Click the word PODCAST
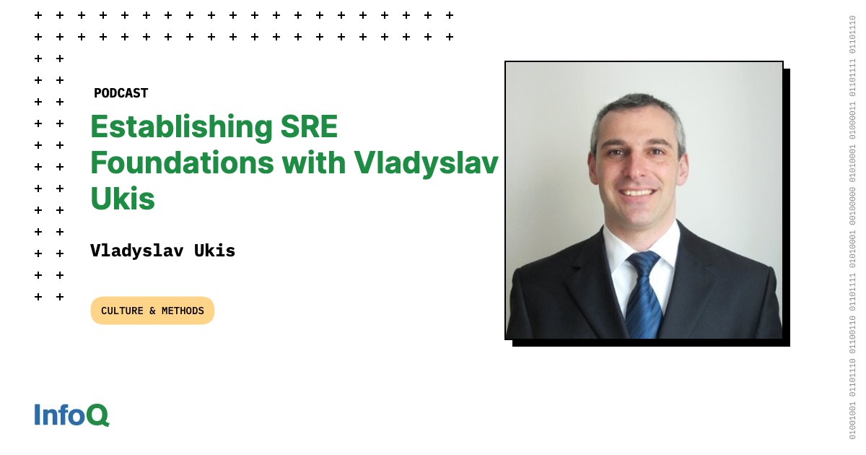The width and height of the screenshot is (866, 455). click(x=121, y=93)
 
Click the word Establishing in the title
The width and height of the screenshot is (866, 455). click(x=182, y=128)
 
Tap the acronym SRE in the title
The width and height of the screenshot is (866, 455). click(x=309, y=126)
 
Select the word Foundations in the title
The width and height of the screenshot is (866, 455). click(x=182, y=162)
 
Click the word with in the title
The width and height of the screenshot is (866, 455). click(x=313, y=162)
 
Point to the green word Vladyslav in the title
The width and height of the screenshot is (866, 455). click(x=426, y=165)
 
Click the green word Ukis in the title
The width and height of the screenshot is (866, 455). click(x=123, y=199)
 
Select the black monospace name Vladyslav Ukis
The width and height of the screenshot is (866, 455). click(x=163, y=251)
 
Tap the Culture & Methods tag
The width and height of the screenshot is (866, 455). click(x=152, y=311)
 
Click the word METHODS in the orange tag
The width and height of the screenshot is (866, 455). click(x=183, y=311)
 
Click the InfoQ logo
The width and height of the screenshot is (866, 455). click(x=72, y=415)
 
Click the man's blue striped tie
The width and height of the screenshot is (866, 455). click(x=643, y=294)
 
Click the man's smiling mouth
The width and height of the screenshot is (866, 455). click(x=637, y=192)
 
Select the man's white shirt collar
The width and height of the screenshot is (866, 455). click(x=642, y=248)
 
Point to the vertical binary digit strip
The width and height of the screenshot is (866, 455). click(x=852, y=227)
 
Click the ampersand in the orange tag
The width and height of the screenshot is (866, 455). click(x=152, y=311)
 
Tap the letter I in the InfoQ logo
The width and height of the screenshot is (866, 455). click(x=37, y=415)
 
